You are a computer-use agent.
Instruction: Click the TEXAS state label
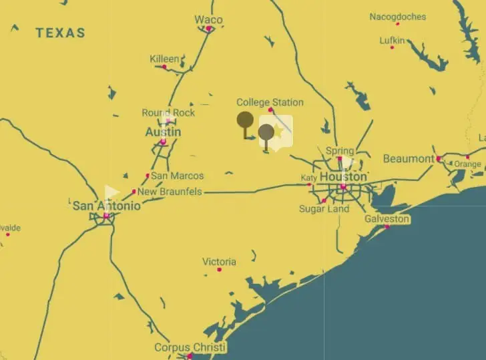click(x=60, y=32)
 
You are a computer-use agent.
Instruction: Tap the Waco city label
click(x=208, y=19)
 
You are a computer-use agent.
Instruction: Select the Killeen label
click(x=164, y=59)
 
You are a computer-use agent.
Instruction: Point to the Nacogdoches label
click(x=398, y=17)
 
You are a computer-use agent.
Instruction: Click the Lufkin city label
click(x=392, y=40)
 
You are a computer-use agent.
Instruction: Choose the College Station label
click(x=270, y=102)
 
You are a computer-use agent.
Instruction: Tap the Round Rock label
click(x=168, y=112)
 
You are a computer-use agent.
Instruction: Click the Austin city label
click(x=163, y=132)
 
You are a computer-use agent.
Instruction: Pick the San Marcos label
click(x=177, y=176)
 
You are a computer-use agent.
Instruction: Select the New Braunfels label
click(x=170, y=192)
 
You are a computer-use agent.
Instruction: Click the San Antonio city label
click(x=107, y=206)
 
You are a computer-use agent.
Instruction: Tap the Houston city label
click(x=343, y=176)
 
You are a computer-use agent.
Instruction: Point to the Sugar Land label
click(x=324, y=209)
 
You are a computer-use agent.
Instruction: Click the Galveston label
click(x=387, y=218)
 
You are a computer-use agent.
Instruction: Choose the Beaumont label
click(x=409, y=158)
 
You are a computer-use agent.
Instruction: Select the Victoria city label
click(x=219, y=261)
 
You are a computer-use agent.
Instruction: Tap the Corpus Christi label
click(x=190, y=347)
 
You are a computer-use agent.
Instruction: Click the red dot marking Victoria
click(x=219, y=270)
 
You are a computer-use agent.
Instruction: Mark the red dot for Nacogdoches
click(x=398, y=24)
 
